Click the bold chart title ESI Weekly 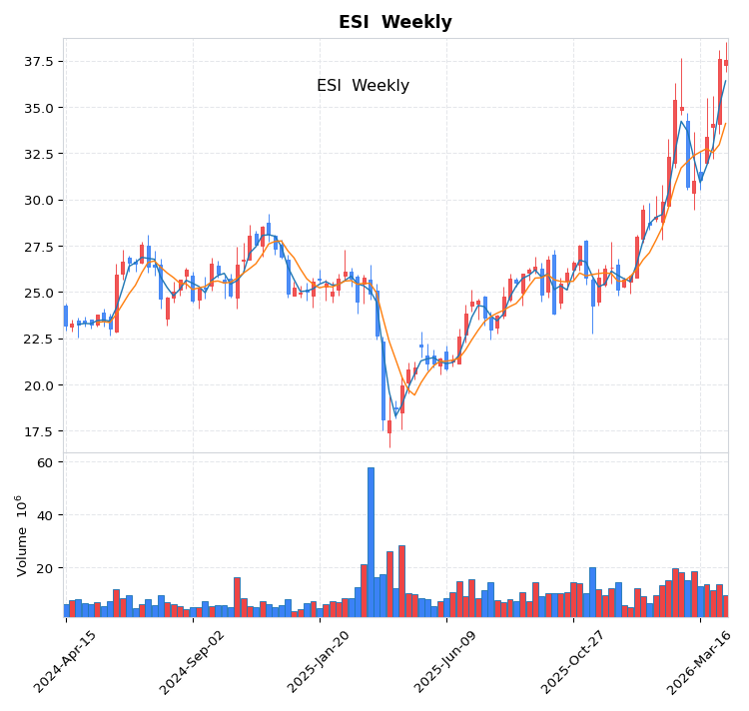pyautogui.click(x=394, y=22)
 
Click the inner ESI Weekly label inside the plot pyautogui.click(x=363, y=86)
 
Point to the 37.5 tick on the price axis pyautogui.click(x=37, y=62)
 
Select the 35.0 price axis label pyautogui.click(x=37, y=108)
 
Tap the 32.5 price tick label pyautogui.click(x=37, y=154)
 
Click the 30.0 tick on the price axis pyautogui.click(x=37, y=201)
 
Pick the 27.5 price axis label pyautogui.click(x=37, y=247)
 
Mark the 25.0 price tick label pyautogui.click(x=37, y=293)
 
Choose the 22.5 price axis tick pyautogui.click(x=37, y=340)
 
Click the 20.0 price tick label pyautogui.click(x=37, y=385)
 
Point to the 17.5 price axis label pyautogui.click(x=37, y=431)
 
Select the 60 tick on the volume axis pyautogui.click(x=44, y=463)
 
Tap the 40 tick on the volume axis pyautogui.click(x=44, y=516)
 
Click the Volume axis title pyautogui.click(x=21, y=535)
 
